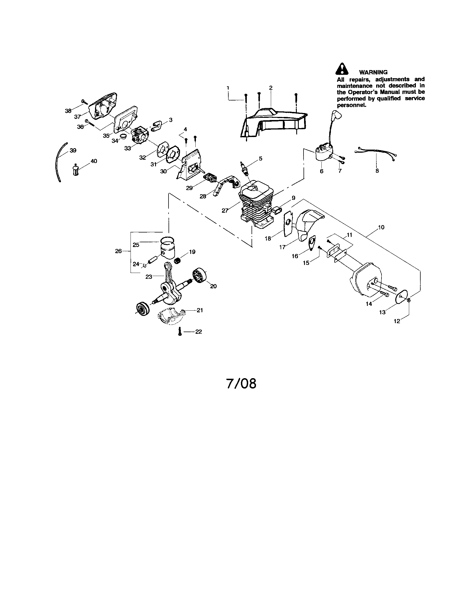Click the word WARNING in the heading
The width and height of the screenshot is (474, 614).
coord(373,72)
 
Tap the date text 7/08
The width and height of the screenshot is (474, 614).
coord(241,383)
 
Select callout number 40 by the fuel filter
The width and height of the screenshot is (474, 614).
coord(94,161)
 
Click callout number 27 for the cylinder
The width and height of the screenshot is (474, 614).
coord(225,210)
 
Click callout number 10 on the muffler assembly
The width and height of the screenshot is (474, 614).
coord(381,227)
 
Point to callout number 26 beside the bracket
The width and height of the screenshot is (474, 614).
coord(118,251)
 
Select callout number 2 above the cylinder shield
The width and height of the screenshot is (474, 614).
coord(271,88)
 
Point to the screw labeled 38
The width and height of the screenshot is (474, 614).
coord(84,102)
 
